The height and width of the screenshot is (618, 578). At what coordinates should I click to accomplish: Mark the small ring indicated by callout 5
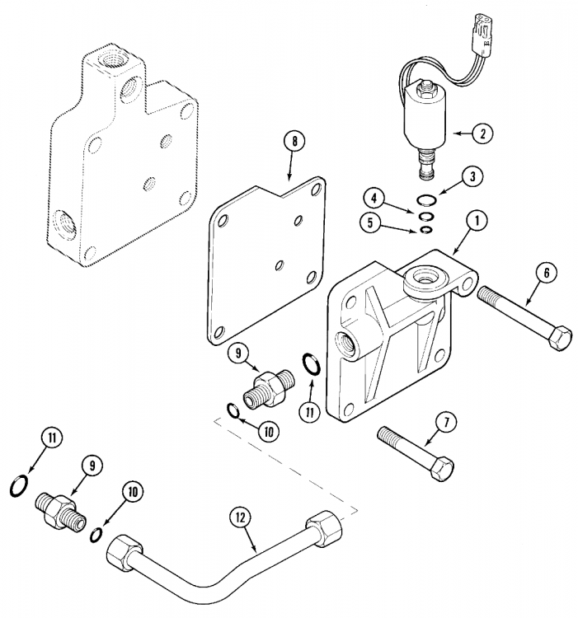(x=427, y=228)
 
